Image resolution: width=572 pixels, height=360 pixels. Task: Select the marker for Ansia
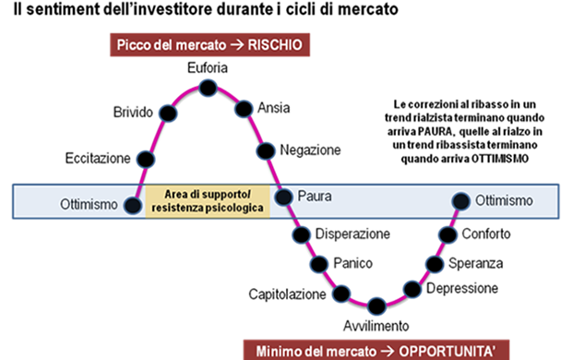coord(243,107)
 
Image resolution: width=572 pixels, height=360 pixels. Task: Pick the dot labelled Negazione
coord(266,150)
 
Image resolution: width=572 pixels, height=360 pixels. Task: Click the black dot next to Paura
coord(283,197)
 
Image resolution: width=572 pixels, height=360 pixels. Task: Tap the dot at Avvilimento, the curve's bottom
coord(375,306)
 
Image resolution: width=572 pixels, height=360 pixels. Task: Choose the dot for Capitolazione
coord(342,294)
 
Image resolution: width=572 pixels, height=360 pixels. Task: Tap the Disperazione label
coord(352,234)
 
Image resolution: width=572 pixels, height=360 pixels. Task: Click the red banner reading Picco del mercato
coord(208,43)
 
